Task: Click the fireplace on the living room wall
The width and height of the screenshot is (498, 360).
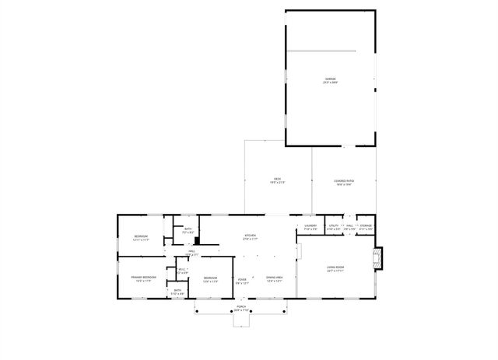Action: (378, 259)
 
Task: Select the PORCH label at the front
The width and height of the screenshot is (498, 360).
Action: (242, 307)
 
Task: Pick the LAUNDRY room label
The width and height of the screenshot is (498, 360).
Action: (310, 226)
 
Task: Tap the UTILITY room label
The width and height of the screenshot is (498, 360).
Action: (333, 226)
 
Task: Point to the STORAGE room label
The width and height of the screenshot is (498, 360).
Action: (366, 226)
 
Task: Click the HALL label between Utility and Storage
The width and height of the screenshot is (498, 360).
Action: (350, 226)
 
